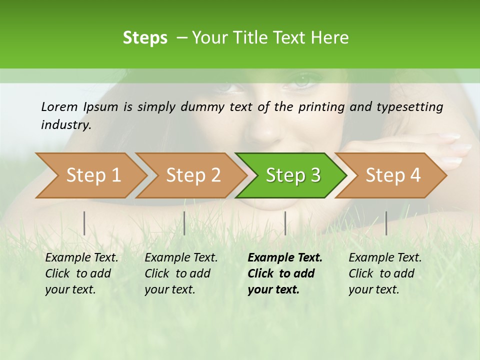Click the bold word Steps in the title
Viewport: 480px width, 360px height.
pos(145,38)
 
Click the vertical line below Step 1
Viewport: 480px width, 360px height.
pos(84,223)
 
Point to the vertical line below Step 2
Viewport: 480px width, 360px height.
pos(184,223)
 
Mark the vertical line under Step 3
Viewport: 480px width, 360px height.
pos(285,223)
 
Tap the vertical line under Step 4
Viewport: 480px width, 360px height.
pos(386,223)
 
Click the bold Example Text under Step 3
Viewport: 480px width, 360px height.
pos(285,258)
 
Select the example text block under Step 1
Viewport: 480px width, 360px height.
pos(81,273)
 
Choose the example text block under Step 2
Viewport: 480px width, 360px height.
pos(181,273)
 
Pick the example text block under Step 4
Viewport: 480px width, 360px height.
pos(385,273)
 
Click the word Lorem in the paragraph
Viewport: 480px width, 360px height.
pos(59,106)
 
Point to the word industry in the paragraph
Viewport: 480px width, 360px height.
pos(66,125)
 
